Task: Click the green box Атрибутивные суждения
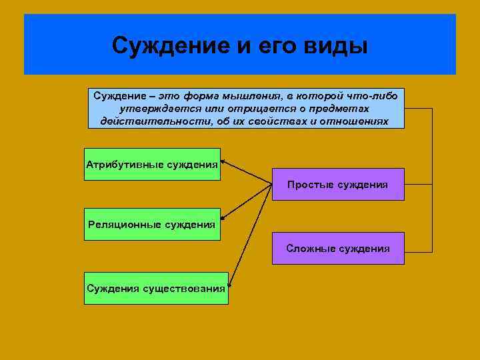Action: click(x=152, y=164)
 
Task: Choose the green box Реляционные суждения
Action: click(x=152, y=224)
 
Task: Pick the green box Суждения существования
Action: click(x=156, y=288)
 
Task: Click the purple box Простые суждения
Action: click(x=338, y=184)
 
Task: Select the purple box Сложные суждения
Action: click(x=338, y=248)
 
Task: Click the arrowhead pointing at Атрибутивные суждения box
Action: click(x=223, y=161)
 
